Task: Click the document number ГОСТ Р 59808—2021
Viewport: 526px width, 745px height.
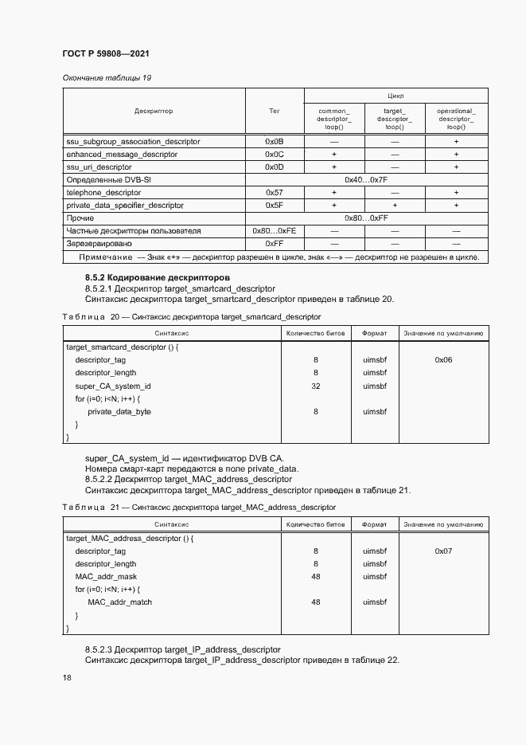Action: [x=105, y=53]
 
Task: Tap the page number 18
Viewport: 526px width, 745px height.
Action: [x=67, y=677]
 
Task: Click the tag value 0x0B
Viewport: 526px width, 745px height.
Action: [x=274, y=141]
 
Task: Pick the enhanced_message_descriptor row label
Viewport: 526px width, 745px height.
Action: [x=121, y=154]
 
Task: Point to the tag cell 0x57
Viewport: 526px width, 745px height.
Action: [x=274, y=192]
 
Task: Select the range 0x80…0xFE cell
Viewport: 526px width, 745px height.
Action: [x=274, y=230]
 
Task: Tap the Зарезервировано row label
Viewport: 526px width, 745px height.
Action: [x=99, y=243]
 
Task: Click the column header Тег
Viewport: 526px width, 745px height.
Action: [x=274, y=111]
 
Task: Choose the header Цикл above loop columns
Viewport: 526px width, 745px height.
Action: [x=395, y=96]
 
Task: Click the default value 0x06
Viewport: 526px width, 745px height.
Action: [x=443, y=360]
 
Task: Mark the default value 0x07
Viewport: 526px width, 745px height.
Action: [x=443, y=551]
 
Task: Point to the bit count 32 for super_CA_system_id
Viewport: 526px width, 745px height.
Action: [x=315, y=386]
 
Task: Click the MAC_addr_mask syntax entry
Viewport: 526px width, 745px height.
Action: [x=106, y=576]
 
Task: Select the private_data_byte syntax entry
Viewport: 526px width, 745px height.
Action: [x=119, y=412]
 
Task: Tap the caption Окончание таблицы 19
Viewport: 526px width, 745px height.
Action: [x=106, y=77]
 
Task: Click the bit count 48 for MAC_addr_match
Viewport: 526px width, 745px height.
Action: [x=315, y=602]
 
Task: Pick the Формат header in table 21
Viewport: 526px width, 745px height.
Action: [x=375, y=525]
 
